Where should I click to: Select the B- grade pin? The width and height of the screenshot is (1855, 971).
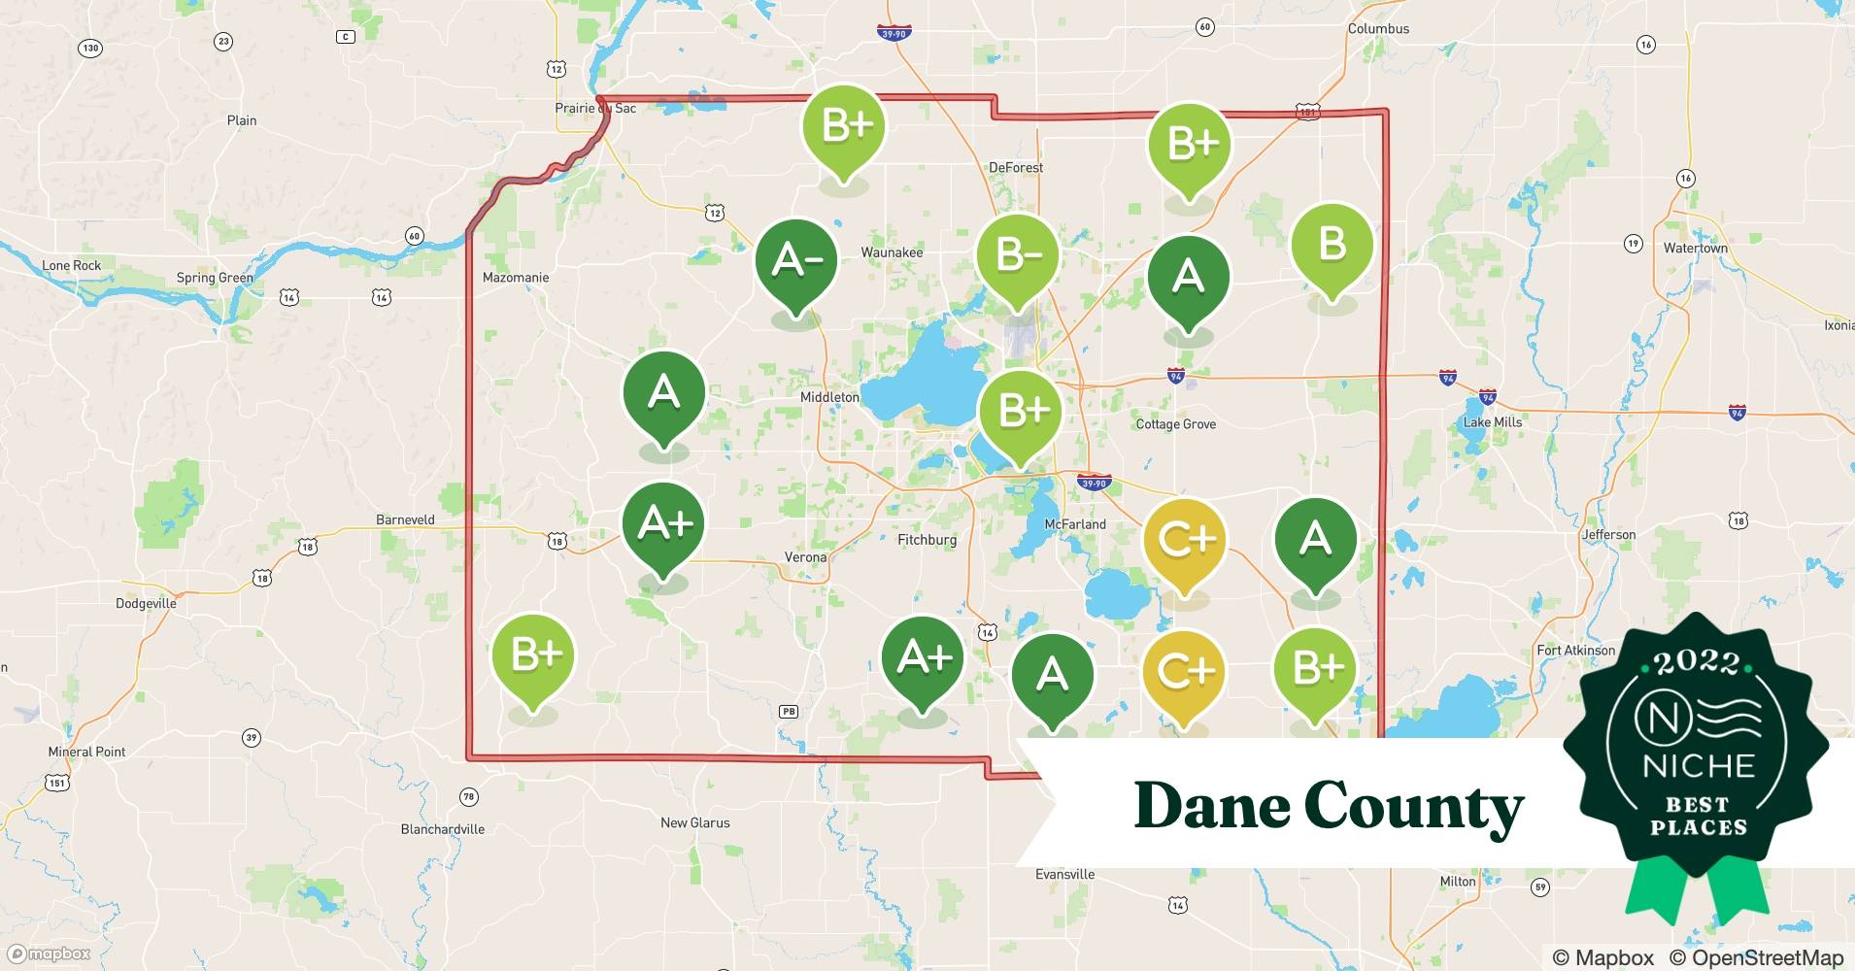1018,256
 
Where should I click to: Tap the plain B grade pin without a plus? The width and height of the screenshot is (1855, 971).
1332,245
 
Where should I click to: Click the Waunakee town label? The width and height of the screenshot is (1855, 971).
892,252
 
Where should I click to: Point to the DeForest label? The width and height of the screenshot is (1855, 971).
1016,168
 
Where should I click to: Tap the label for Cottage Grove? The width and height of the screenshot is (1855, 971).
1175,424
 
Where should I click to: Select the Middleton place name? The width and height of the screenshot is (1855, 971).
829,397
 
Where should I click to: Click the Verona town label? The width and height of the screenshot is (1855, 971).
805,557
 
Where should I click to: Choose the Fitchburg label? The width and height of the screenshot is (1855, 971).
927,540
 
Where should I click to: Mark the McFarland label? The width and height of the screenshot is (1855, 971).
1075,524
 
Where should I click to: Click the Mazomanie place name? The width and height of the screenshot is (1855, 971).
516,278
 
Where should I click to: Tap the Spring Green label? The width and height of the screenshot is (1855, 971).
215,278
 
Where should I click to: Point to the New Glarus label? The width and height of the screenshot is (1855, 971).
694,822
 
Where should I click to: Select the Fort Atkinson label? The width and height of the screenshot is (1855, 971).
1575,651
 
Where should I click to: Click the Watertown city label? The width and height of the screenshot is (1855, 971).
1695,249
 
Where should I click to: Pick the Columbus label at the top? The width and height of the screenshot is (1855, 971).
1378,29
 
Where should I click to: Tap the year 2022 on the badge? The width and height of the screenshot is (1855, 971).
1697,663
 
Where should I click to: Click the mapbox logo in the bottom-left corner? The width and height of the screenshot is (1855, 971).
50,954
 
